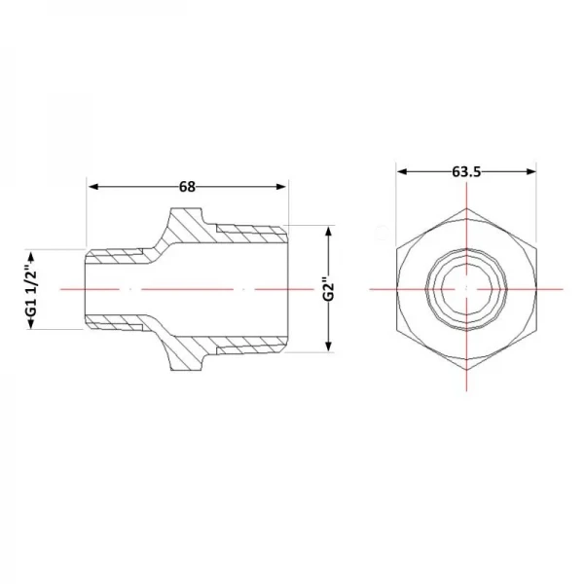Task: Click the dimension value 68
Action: coord(187,187)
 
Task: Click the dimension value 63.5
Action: coord(466,171)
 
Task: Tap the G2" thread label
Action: coord(329,289)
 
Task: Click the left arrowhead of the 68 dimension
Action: coord(93,187)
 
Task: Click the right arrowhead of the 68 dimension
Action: coord(281,187)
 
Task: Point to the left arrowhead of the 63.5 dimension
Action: coord(402,171)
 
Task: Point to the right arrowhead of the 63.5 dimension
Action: coord(531,171)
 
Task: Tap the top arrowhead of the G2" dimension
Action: coord(329,232)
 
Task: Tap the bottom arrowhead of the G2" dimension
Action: coord(329,347)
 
